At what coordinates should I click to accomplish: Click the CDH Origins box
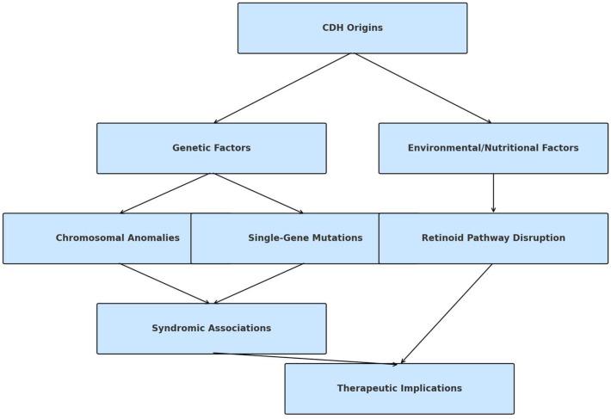coord(352,28)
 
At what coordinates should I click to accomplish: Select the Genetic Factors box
coord(211,148)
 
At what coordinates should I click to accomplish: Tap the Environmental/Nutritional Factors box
coord(493,148)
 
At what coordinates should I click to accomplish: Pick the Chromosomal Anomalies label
coord(118,238)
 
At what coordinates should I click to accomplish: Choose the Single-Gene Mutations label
coord(305,238)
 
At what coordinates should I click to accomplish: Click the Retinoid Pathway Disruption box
coord(493,238)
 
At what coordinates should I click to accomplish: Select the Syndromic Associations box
coord(211,328)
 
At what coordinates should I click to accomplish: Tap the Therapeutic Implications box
coord(399,388)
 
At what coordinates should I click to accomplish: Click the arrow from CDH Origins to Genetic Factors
coord(282,89)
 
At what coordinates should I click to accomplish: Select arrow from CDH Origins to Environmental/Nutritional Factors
coord(423,89)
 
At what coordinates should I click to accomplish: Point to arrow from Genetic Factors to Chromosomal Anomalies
coord(166,194)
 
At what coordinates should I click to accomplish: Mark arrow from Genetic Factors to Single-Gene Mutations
coord(258,194)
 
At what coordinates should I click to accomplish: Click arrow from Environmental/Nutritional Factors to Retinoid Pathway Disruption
coord(493,194)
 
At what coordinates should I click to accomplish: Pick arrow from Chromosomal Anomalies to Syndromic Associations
coord(164,283)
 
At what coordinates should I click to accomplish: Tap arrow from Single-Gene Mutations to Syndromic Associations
coord(258,283)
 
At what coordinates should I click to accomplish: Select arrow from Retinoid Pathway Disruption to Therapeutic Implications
coord(447,313)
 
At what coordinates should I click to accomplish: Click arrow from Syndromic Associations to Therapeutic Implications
coord(305,359)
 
